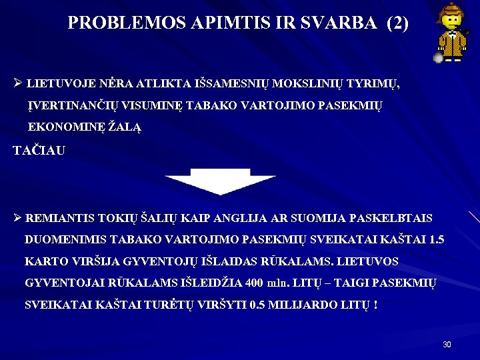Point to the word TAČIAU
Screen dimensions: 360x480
tap(39, 151)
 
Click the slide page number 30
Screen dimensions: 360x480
tap(447, 345)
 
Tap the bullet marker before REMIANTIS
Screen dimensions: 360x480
tap(17, 219)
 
